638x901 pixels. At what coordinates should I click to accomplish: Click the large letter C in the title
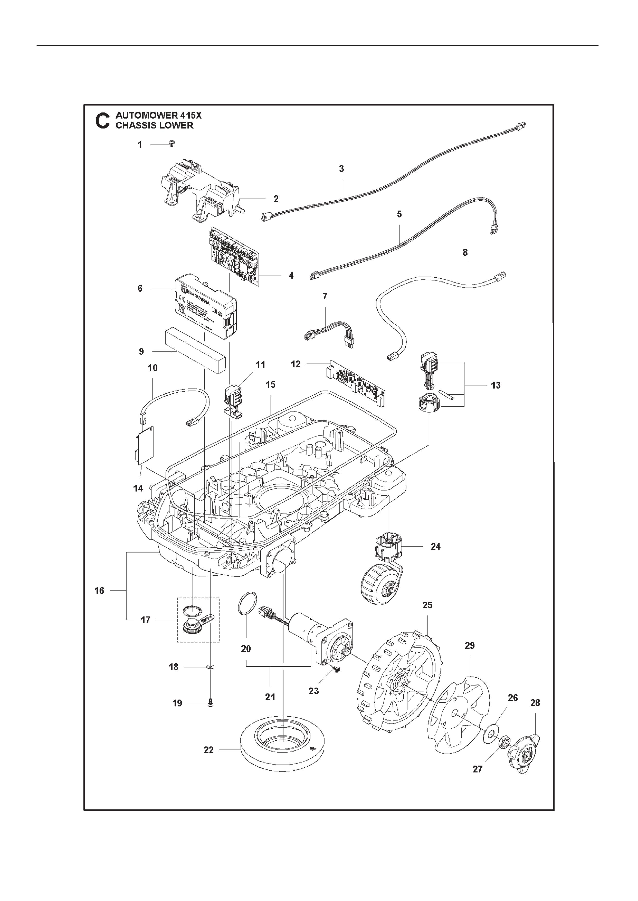point(103,121)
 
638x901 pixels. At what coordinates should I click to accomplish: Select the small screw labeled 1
point(172,143)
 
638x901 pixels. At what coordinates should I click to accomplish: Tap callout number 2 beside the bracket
point(276,199)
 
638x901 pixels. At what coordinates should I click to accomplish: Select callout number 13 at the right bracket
point(496,385)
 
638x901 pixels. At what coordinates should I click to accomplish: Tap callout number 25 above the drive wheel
point(427,605)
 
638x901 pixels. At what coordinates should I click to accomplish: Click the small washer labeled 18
point(211,666)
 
